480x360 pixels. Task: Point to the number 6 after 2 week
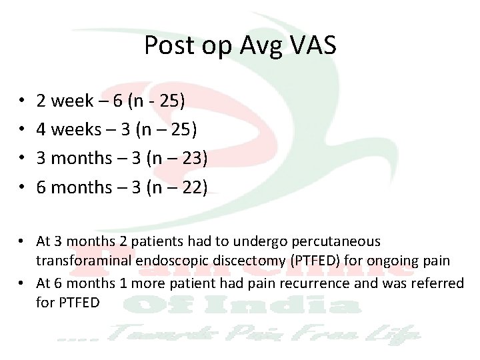click(x=117, y=101)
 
